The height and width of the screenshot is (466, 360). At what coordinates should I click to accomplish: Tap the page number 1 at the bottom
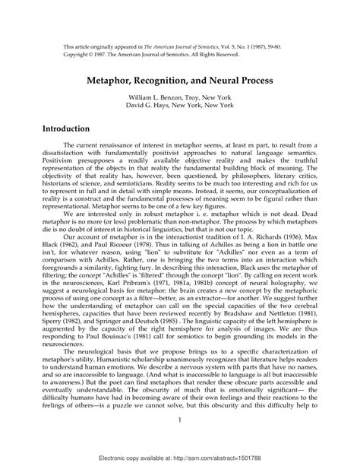(179, 420)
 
